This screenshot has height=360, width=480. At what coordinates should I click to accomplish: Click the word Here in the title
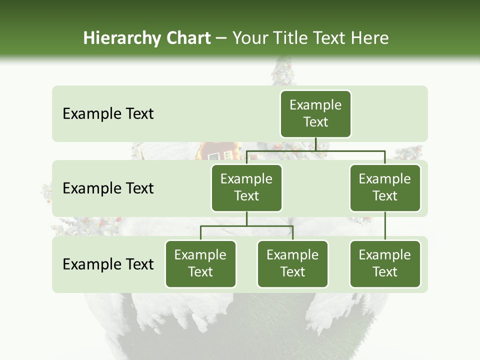click(x=370, y=38)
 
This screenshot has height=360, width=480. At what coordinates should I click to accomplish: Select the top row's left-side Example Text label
click(x=108, y=114)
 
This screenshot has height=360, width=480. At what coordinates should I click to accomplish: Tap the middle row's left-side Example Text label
click(x=108, y=188)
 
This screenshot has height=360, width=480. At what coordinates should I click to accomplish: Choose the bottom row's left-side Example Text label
click(x=108, y=264)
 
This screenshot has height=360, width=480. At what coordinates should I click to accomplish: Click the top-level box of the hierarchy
click(x=315, y=114)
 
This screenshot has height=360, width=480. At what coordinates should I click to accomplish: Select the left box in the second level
click(x=246, y=188)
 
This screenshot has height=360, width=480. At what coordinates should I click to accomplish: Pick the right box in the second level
click(x=385, y=188)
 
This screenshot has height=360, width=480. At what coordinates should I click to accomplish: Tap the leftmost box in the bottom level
click(x=200, y=264)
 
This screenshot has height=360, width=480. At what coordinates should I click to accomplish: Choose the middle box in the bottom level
click(x=292, y=264)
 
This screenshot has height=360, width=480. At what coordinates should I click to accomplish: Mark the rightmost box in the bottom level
click(x=385, y=264)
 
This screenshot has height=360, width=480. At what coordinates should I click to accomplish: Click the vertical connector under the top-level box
click(x=315, y=144)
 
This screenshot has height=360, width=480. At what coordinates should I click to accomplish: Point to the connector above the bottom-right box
click(x=385, y=226)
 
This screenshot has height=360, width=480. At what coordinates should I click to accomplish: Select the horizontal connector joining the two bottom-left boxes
click(x=246, y=226)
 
